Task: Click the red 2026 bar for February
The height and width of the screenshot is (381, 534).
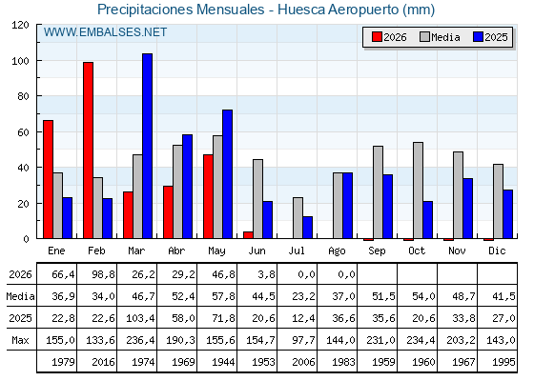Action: tap(88, 150)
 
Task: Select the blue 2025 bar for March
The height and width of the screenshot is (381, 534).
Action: tap(148, 146)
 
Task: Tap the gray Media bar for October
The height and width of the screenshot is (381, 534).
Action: tap(419, 190)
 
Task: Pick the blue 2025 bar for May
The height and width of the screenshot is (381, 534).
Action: tap(228, 173)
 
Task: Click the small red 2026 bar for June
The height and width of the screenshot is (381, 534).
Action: tap(248, 235)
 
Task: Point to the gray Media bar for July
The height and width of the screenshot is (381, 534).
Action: tap(298, 218)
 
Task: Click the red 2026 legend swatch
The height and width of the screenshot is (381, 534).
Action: tap(377, 37)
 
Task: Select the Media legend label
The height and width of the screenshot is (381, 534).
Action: tap(445, 37)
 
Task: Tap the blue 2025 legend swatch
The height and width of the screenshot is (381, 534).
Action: tap(478, 37)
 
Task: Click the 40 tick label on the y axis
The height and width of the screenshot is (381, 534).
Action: tap(23, 168)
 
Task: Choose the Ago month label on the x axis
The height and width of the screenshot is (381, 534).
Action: tap(337, 251)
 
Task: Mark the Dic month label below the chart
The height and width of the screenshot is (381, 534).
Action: tap(497, 251)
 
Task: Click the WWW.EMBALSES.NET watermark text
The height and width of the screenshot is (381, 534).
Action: tap(105, 32)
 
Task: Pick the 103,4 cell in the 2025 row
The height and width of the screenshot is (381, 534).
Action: tap(140, 318)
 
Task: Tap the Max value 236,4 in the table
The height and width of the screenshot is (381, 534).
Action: tap(140, 340)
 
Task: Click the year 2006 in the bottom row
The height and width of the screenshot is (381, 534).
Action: tap(303, 362)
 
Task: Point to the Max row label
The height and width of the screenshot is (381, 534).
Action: tap(20, 340)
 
